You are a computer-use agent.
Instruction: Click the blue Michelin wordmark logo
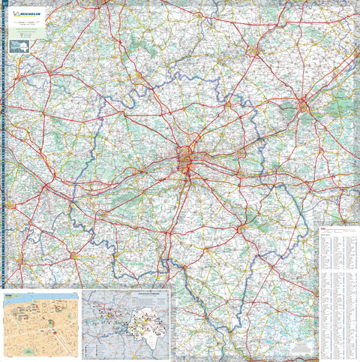(x=30, y=13)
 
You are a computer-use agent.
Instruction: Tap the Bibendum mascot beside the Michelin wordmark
(x=16, y=13)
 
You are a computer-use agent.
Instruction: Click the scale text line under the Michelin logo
(x=26, y=23)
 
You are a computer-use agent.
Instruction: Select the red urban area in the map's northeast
(x=304, y=104)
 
